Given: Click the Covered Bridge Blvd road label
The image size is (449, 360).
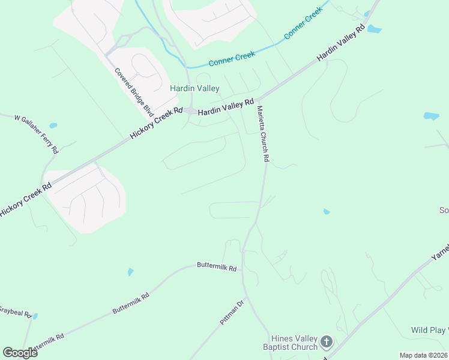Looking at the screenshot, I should [x=134, y=92].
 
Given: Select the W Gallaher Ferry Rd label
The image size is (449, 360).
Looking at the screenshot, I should [x=37, y=133].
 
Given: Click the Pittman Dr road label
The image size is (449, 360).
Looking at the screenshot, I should [x=232, y=313].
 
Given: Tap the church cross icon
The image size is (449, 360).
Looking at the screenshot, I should [x=326, y=342].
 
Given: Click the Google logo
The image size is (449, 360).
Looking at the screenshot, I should [x=20, y=352].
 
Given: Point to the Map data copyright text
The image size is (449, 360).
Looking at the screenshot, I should [x=423, y=355].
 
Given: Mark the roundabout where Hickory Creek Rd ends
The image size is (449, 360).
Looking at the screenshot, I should [x=190, y=110].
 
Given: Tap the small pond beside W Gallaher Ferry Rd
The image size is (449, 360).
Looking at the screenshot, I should [x=53, y=126].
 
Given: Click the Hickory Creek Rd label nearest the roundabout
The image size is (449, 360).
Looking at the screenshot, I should [x=156, y=124].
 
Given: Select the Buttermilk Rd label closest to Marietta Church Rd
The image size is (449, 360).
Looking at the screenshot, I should [x=217, y=266].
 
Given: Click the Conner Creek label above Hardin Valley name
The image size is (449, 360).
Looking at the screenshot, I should [x=232, y=58].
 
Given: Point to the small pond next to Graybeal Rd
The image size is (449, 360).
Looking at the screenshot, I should [x=35, y=316].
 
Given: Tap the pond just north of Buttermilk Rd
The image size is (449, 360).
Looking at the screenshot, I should [x=130, y=272].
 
